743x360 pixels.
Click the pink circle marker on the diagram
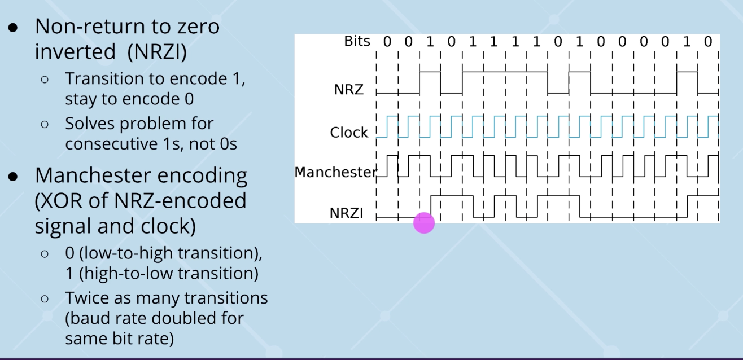424,222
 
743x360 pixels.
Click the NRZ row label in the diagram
349,89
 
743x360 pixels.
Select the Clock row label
349,133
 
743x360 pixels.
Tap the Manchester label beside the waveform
335,172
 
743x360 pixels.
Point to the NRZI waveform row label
346,213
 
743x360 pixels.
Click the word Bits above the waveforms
357,41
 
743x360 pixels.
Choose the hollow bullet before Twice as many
46,298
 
